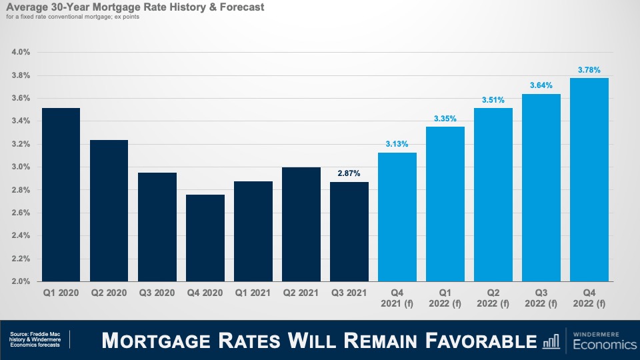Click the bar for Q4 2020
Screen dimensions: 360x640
coord(205,238)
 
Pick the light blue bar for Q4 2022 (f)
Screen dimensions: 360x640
coord(589,180)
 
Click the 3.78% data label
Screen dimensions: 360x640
coord(589,69)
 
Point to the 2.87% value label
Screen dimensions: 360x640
coord(349,173)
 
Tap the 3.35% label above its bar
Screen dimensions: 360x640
coord(445,119)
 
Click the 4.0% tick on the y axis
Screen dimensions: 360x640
coord(21,52)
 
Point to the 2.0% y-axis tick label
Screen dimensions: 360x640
coord(21,281)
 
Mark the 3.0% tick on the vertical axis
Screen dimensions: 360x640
coord(21,167)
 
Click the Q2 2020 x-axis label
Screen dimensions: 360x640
coord(109,292)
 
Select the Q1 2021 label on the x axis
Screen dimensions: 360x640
coord(253,292)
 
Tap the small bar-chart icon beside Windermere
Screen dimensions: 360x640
coord(551,341)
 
